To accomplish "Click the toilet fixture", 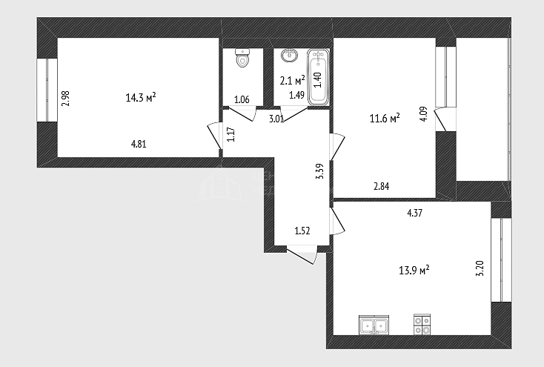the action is click(242, 58).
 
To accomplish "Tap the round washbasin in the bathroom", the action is click(289, 55).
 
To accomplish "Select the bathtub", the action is click(318, 77).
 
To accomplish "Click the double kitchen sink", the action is click(374, 325).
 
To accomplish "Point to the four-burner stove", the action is click(422, 325).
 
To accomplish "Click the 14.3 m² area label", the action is click(141, 98).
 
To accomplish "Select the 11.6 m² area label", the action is click(385, 119).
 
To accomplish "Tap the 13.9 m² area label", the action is click(414, 270).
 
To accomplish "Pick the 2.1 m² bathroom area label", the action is click(293, 80).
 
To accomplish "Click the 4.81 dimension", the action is click(139, 144).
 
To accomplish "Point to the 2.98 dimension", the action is click(65, 99).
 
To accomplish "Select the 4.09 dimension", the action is click(424, 113).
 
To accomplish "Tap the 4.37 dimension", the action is click(414, 213).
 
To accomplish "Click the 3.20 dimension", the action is click(480, 268).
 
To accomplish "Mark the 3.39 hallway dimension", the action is click(319, 171).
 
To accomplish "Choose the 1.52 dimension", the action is click(302, 231).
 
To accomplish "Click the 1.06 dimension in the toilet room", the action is click(242, 99).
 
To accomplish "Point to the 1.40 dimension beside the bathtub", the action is click(318, 80).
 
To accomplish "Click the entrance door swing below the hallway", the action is click(302, 255).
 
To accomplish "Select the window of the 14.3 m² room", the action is click(47, 90).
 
